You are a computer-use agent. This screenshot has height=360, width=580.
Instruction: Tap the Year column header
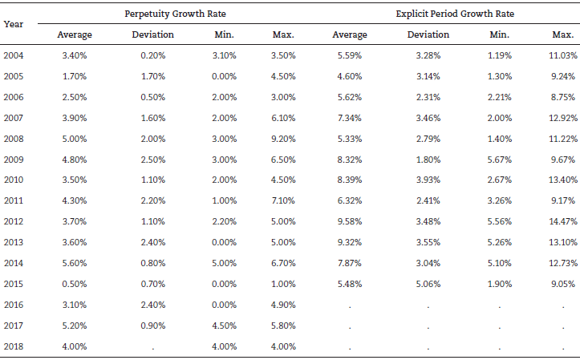coord(13,23)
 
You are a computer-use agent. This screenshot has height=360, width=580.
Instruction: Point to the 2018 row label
coord(14,346)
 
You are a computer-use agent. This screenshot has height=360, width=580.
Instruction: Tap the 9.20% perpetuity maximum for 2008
coord(283,138)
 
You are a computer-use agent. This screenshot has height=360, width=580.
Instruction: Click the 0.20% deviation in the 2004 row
coord(152,55)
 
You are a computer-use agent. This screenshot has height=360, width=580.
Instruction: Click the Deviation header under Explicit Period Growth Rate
coord(428,34)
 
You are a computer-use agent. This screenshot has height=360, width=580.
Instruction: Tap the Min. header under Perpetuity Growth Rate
coord(224,34)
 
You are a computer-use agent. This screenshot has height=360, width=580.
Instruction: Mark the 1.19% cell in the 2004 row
coord(499,55)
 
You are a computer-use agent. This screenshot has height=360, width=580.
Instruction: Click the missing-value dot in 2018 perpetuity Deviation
coord(152,347)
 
